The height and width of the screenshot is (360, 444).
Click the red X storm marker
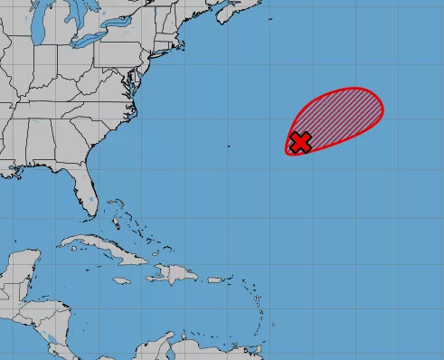300,141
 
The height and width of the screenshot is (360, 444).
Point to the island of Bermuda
229,145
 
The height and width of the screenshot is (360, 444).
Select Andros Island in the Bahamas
115,220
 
